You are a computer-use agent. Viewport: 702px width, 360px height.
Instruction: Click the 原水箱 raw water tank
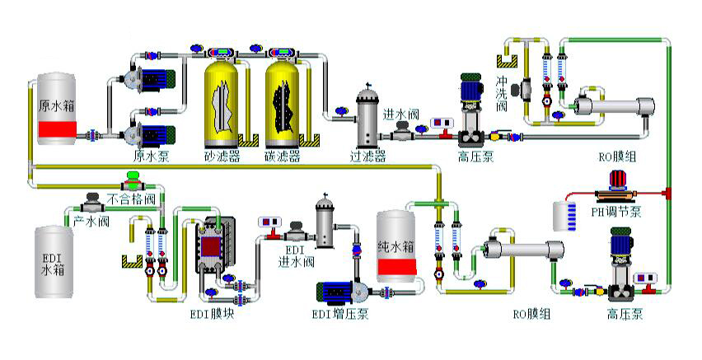coord(57,107)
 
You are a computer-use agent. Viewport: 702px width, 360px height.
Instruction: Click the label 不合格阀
coord(132,199)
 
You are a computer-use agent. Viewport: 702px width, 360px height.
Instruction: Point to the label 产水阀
coord(87,221)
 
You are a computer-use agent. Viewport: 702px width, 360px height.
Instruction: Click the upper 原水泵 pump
coord(154,78)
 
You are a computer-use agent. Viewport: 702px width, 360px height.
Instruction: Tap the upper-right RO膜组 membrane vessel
coord(614,107)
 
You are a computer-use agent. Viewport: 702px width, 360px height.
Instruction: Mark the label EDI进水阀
coord(294,256)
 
